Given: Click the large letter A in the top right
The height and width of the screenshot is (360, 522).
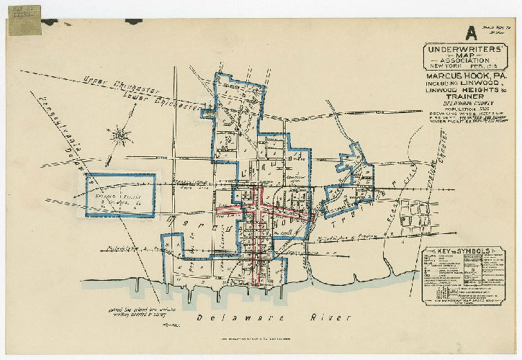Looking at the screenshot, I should point(471,32).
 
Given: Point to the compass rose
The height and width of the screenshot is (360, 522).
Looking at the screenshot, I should point(120,135).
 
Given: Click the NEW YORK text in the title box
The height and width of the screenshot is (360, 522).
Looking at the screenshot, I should point(441,64).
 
